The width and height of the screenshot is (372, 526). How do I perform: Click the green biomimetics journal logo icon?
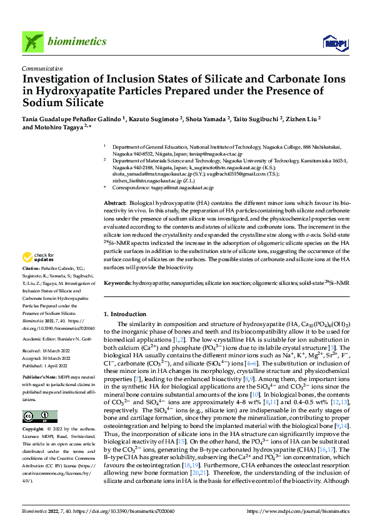33,42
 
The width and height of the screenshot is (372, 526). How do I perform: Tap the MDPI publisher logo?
333,42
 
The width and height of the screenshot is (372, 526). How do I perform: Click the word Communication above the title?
42,69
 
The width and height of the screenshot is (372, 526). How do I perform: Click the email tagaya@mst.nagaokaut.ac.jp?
183,187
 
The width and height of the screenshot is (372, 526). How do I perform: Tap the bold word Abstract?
115,204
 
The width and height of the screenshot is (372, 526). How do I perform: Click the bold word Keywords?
117,283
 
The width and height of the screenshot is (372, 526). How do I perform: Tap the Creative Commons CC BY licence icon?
39,417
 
